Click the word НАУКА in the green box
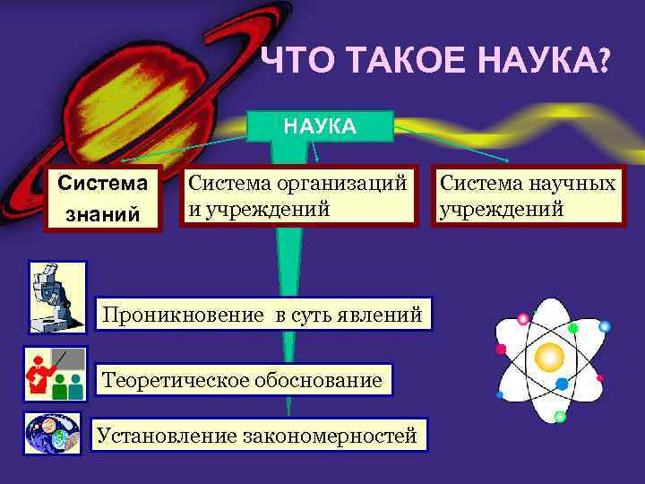[x=320, y=126]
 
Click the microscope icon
[x=56, y=296]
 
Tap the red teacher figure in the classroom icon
[x=39, y=373]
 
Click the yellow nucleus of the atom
[x=548, y=357]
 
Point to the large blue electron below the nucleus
[x=562, y=384]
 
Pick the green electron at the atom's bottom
[x=560, y=417]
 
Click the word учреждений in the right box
[x=501, y=210]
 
